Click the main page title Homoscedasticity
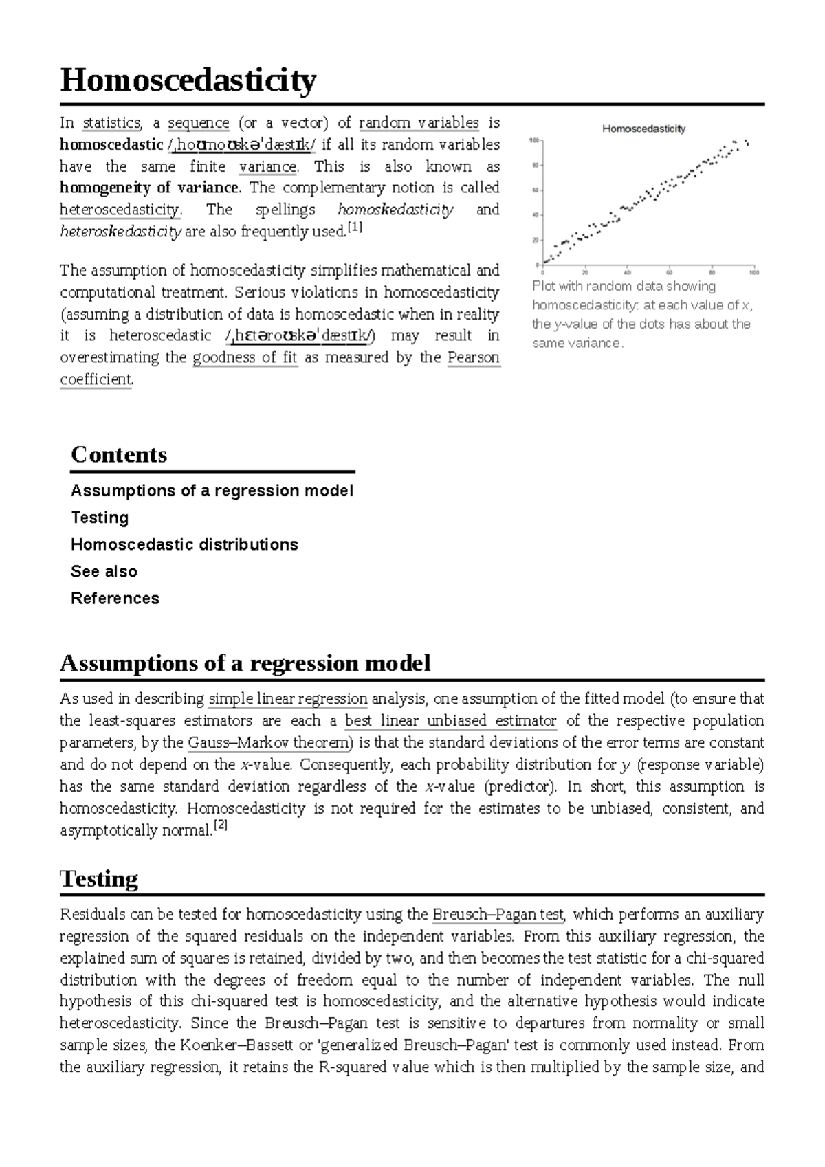click(x=188, y=80)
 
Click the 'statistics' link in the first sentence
click(x=111, y=123)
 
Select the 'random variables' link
click(x=419, y=123)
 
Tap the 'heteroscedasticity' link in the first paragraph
click(x=120, y=210)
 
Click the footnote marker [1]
click(x=355, y=228)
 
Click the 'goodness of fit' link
click(x=245, y=357)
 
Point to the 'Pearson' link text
click(x=473, y=357)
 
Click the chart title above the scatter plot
click(x=643, y=129)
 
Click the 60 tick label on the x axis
click(x=670, y=272)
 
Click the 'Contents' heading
click(x=119, y=455)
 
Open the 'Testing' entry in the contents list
click(x=100, y=518)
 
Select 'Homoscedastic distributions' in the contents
click(x=184, y=544)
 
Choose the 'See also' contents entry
click(x=104, y=571)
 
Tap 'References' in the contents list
click(x=115, y=598)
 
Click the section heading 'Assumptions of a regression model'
click(x=245, y=663)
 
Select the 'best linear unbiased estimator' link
click(x=450, y=721)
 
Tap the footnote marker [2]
click(x=220, y=827)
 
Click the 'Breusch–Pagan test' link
click(x=498, y=915)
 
